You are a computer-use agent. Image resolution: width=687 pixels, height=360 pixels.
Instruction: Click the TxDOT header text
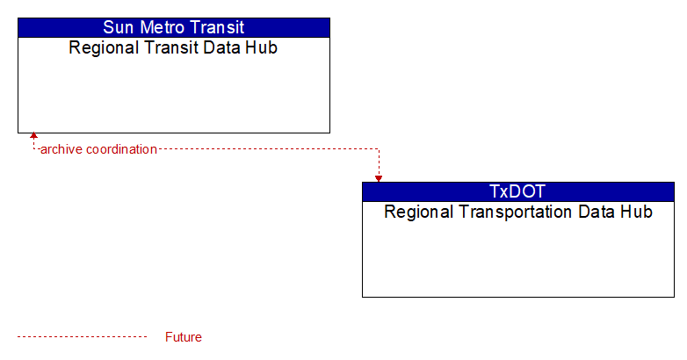click(517, 191)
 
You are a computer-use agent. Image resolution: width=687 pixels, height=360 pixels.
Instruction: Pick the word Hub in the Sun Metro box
click(261, 47)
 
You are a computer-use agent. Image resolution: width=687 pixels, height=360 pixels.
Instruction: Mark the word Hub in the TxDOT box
click(636, 212)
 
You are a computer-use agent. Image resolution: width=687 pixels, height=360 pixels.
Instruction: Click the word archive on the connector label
click(61, 149)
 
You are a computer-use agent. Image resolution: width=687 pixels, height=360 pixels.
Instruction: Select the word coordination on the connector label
click(121, 149)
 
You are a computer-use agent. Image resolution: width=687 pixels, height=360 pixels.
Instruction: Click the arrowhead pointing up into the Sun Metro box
click(33, 135)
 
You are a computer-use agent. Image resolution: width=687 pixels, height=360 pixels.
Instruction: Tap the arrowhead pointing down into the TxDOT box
click(379, 179)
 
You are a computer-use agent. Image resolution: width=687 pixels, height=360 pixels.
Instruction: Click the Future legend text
click(183, 337)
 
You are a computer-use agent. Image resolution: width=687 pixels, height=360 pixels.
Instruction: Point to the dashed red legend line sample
click(83, 337)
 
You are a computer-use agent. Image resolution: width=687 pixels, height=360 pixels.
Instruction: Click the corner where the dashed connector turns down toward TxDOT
click(379, 149)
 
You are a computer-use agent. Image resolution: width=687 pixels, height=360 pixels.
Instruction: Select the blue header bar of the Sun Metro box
click(174, 27)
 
